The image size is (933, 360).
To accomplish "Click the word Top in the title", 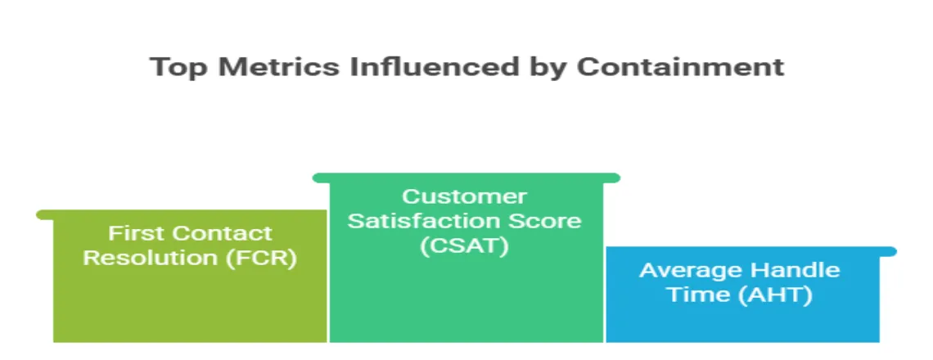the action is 179,67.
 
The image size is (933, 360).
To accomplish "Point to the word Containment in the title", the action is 680,66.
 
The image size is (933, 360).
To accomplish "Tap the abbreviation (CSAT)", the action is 465,245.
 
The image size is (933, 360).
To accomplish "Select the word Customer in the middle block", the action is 465,196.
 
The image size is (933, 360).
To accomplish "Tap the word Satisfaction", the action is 423,221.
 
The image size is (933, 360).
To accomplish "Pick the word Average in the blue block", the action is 690,270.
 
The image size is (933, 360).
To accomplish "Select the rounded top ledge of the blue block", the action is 751,252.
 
